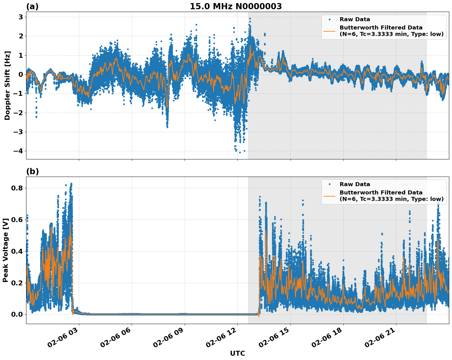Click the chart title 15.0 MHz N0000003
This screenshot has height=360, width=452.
pyautogui.click(x=236, y=6)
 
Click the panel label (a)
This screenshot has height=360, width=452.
pyautogui.click(x=32, y=6)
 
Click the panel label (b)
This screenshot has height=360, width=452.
pyautogui.click(x=32, y=171)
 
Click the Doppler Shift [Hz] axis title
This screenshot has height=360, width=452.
pyautogui.click(x=7, y=86)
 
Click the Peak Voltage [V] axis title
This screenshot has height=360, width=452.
pyautogui.click(x=6, y=250)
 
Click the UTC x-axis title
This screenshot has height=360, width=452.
pyautogui.click(x=237, y=354)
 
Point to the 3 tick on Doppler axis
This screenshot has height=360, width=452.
pyautogui.click(x=21, y=17)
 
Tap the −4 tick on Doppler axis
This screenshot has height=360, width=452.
pyautogui.click(x=18, y=151)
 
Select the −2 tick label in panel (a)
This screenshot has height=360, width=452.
pyautogui.click(x=18, y=113)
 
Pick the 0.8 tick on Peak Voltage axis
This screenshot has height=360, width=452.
pyautogui.click(x=18, y=188)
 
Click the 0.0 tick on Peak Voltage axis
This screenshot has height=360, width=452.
pyautogui.click(x=18, y=314)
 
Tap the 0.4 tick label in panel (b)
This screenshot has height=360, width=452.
pyautogui.click(x=18, y=251)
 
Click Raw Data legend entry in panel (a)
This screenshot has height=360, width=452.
pyautogui.click(x=355, y=20)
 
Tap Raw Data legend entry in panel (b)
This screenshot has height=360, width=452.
pyautogui.click(x=355, y=184)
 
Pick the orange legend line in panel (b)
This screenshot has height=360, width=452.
pyautogui.click(x=329, y=196)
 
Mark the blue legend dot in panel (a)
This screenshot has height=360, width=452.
pyautogui.click(x=329, y=20)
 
